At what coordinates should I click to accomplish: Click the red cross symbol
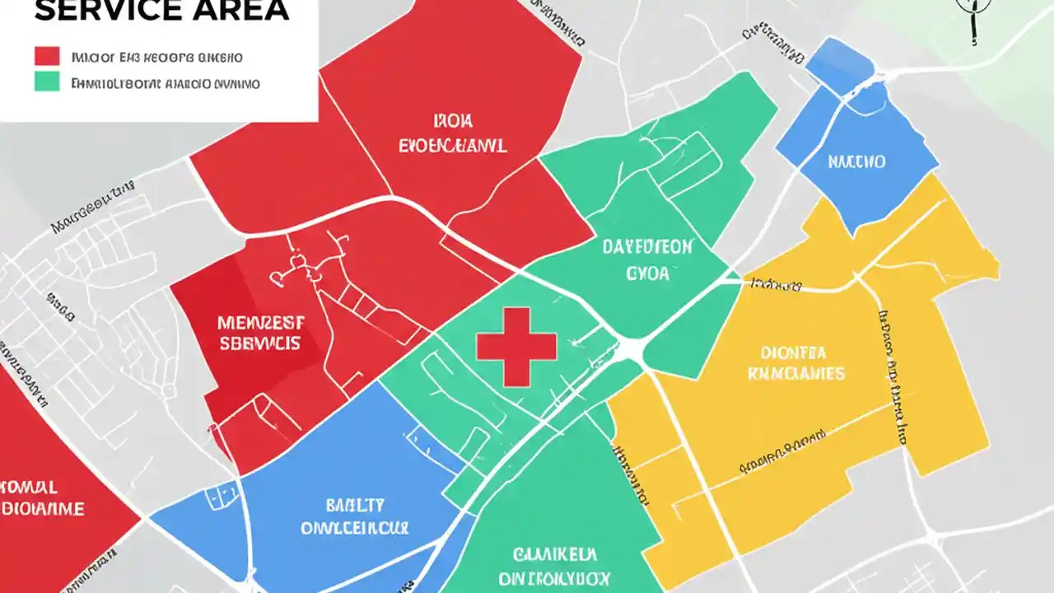coord(516,347)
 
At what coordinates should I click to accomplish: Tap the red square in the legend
coord(47,56)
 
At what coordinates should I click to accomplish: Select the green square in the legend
coord(47,81)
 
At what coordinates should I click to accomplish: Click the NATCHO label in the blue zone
coord(856,161)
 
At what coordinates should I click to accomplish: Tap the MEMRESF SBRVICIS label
coord(259,333)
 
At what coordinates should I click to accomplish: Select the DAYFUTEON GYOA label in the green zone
coord(647,259)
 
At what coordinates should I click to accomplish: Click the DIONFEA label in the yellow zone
coord(793,353)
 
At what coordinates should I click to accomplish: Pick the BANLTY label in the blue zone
coord(354,505)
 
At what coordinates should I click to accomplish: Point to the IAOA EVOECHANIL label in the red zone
coord(452,134)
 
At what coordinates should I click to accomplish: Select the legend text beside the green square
coord(165,83)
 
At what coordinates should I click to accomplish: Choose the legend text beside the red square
coord(156,58)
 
